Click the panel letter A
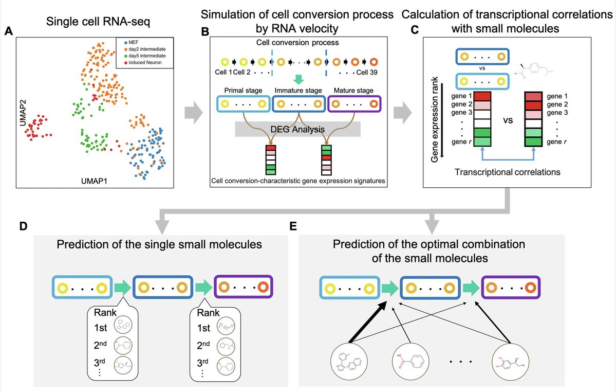[x=8, y=31]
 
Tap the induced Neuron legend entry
[x=143, y=63]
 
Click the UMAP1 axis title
[x=94, y=181]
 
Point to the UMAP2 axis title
[x=23, y=113]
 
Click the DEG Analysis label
[x=297, y=129]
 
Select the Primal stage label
[x=243, y=91]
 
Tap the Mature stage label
[x=353, y=91]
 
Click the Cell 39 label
[x=367, y=73]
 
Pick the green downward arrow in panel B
[x=298, y=79]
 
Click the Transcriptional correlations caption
[x=507, y=172]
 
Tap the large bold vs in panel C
[x=508, y=120]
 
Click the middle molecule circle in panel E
[x=409, y=360]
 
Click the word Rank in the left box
[x=105, y=313]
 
